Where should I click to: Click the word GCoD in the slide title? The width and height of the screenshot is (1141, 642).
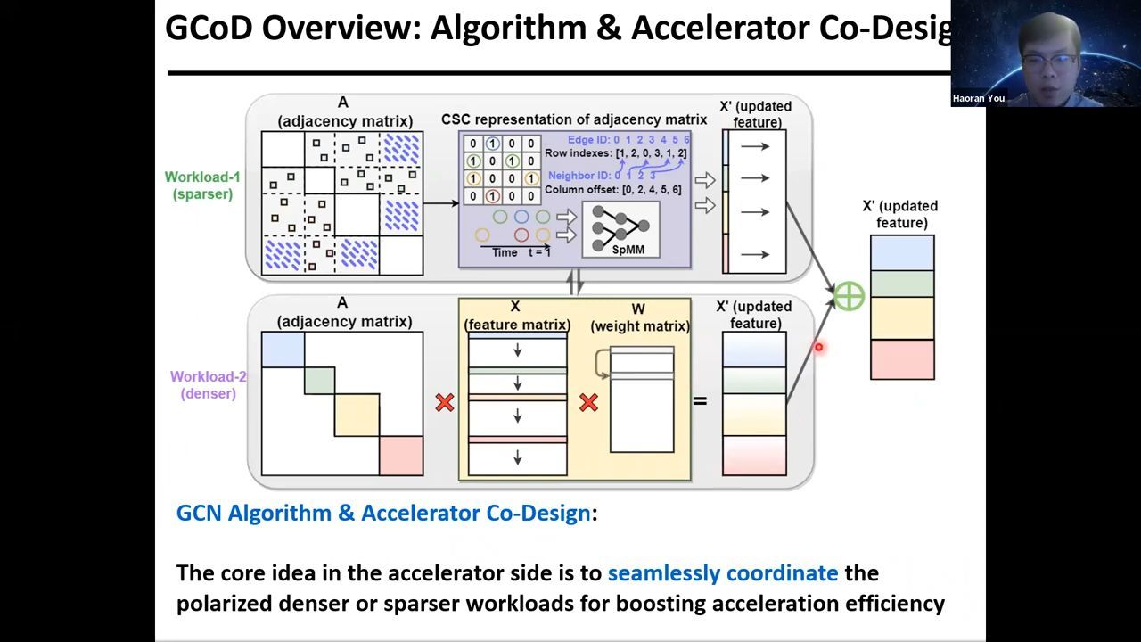tap(209, 29)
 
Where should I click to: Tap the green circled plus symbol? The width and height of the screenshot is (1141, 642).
tap(849, 296)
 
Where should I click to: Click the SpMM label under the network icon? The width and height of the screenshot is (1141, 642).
tap(628, 250)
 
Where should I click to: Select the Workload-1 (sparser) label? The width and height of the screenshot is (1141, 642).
tap(203, 185)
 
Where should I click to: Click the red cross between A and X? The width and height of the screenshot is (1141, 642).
tap(444, 403)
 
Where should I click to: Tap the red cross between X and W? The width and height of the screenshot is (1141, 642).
tap(588, 403)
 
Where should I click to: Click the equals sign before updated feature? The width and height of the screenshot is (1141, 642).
tap(700, 401)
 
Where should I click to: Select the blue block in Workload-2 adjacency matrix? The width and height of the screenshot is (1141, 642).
tap(283, 349)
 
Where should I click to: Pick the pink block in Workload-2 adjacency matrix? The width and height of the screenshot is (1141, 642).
tap(401, 456)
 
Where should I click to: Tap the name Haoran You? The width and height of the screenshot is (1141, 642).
tap(978, 98)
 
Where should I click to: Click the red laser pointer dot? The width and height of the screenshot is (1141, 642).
tap(818, 348)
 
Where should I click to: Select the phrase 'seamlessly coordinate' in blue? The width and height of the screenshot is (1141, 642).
tap(722, 572)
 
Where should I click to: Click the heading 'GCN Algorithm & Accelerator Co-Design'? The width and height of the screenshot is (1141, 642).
tap(383, 513)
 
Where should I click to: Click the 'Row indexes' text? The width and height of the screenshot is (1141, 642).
tap(578, 153)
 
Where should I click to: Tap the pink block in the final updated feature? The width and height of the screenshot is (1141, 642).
tap(902, 359)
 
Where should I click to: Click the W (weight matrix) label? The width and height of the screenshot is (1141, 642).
tap(639, 318)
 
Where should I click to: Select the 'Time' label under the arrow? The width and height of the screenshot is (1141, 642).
tap(505, 252)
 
